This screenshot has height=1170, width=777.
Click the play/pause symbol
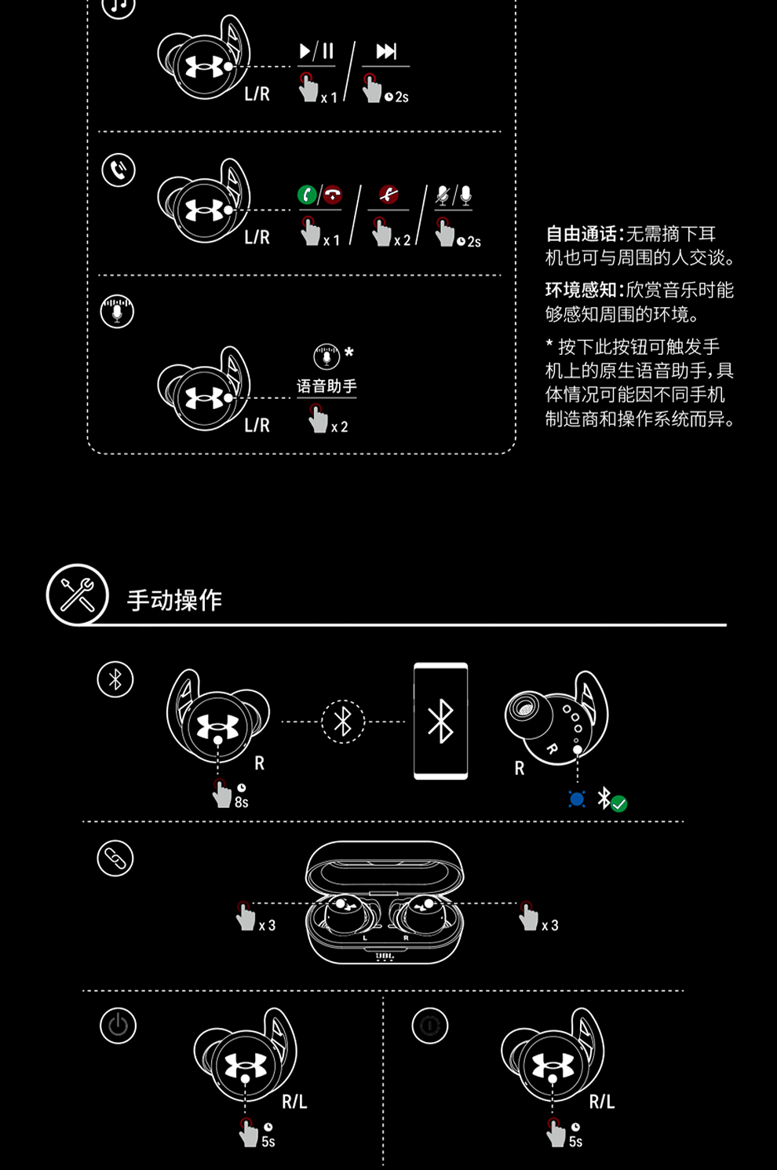(316, 51)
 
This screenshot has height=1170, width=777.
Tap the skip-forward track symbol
(386, 51)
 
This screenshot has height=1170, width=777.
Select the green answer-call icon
(307, 195)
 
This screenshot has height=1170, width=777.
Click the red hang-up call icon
(333, 195)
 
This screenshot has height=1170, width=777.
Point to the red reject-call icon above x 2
(388, 194)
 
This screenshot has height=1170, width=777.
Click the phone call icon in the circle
(119, 170)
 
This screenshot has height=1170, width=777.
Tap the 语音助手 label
(326, 386)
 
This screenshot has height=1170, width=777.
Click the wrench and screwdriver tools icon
(77, 594)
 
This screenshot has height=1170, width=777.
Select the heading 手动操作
(174, 600)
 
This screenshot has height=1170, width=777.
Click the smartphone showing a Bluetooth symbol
(441, 721)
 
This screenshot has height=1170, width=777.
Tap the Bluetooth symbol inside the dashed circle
(342, 722)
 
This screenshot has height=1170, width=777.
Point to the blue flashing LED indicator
(577, 799)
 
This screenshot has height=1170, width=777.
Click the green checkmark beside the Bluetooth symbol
(618, 803)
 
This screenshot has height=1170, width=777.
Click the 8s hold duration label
(241, 802)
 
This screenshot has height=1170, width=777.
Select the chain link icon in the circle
(115, 857)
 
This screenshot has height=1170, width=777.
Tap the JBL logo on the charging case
(385, 956)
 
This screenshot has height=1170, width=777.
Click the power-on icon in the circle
(118, 1026)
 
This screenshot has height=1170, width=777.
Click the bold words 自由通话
(581, 234)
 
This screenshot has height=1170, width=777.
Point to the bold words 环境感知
(581, 290)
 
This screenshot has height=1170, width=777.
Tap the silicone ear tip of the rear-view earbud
(527, 711)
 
